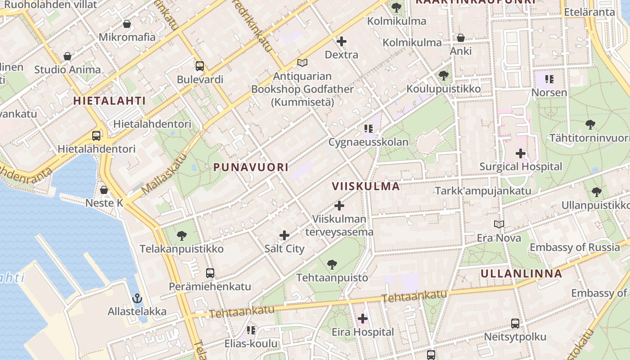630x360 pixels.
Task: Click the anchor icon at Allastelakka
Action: coord(137,298)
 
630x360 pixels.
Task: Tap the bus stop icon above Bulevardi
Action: coord(200,66)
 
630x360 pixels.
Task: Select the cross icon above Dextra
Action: coord(342,41)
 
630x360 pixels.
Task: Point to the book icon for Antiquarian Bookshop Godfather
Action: coord(302,63)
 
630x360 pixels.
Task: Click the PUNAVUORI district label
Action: coord(251,167)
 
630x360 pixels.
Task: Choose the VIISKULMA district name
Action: coord(366,186)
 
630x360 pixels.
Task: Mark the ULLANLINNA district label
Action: coord(521,274)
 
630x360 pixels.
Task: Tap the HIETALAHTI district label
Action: coord(109,101)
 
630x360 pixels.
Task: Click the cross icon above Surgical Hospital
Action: coord(521,153)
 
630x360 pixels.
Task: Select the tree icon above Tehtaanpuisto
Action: coord(332,265)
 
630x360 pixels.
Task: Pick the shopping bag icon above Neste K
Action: coord(104,190)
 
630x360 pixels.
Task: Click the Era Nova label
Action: coord(499,238)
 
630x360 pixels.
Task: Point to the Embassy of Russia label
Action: coord(575,247)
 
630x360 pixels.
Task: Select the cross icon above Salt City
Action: coord(284,235)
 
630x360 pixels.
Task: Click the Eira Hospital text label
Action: coord(363,332)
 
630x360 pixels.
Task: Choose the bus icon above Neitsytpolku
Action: coord(515,324)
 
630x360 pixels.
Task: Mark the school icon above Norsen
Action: coord(549,80)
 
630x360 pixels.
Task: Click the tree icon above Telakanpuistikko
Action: coord(182,235)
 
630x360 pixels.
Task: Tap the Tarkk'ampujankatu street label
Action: coord(483,191)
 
